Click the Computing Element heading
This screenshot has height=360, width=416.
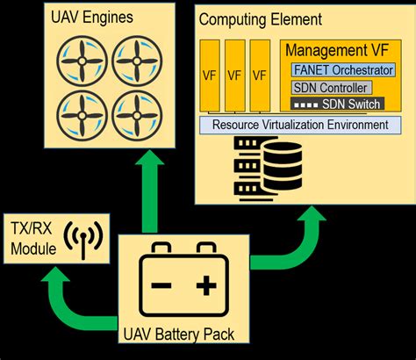pos(261,18)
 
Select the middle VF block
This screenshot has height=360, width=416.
pos(234,76)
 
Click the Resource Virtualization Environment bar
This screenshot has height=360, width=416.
pos(300,125)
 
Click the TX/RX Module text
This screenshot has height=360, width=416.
pos(33,238)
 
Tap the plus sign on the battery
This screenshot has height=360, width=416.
pos(204,285)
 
